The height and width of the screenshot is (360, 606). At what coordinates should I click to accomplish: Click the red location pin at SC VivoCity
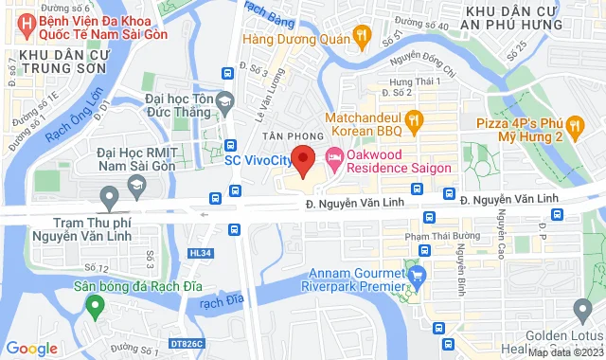pyautogui.click(x=303, y=160)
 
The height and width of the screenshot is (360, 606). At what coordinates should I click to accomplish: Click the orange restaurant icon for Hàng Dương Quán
pyautogui.click(x=361, y=36)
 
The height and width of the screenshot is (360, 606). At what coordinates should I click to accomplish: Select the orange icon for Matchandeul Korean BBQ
pyautogui.click(x=413, y=119)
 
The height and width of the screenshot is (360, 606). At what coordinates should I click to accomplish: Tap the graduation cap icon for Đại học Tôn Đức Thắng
pyautogui.click(x=224, y=100)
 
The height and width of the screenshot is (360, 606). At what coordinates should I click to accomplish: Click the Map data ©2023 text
pyautogui.click(x=564, y=352)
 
